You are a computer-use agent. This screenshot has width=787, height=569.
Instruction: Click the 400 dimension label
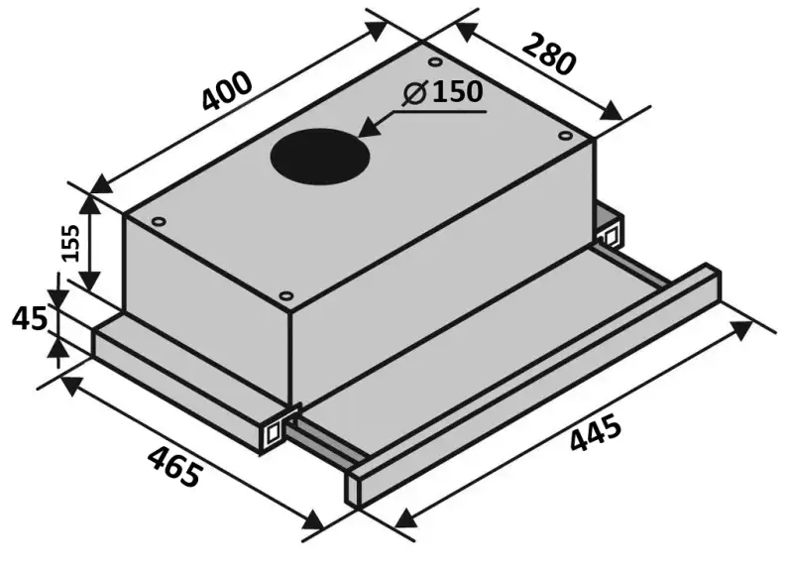(226, 91)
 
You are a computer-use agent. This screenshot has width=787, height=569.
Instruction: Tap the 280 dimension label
(548, 55)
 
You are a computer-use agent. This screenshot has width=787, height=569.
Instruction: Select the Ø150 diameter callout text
(443, 92)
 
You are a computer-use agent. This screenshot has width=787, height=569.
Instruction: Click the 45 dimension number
(30, 318)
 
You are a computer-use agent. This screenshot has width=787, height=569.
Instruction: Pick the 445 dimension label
(597, 433)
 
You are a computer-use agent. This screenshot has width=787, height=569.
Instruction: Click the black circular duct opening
(320, 156)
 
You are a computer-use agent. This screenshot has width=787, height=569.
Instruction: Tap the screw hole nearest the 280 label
(435, 61)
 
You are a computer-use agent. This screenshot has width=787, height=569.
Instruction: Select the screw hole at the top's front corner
(285, 295)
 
